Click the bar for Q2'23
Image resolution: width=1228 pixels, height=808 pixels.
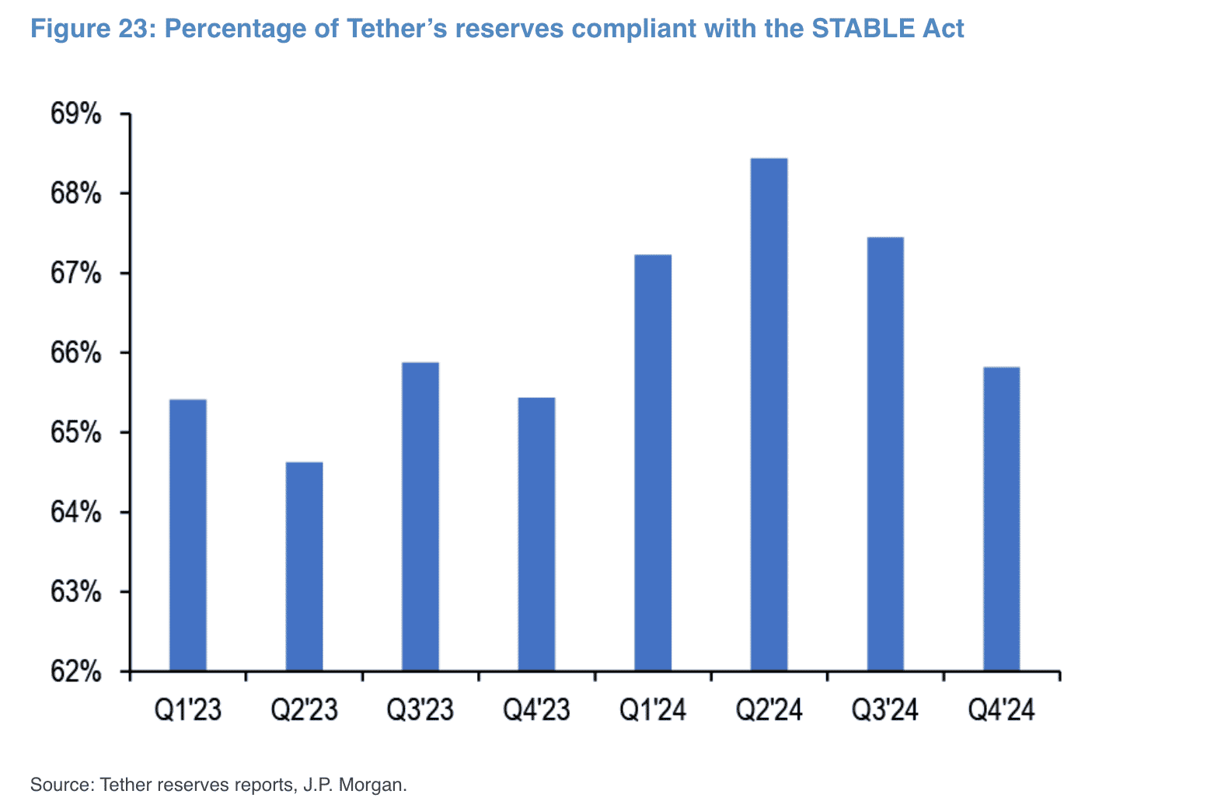304,566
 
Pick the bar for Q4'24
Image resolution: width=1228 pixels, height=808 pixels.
1001,518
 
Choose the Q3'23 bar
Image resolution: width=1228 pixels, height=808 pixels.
420,516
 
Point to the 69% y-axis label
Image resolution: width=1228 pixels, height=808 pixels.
76,114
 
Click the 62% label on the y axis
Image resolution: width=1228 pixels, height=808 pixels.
76,671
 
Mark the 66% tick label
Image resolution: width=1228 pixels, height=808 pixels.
76,353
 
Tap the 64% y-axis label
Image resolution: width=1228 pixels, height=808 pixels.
76,513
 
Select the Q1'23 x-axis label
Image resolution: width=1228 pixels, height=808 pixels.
188,710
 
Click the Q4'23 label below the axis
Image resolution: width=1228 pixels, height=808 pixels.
536,710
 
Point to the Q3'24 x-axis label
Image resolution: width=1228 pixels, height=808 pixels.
885,710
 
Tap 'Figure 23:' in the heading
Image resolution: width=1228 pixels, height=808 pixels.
93,29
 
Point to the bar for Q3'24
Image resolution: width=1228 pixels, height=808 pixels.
885,454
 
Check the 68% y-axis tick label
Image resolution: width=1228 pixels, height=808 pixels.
76,193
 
